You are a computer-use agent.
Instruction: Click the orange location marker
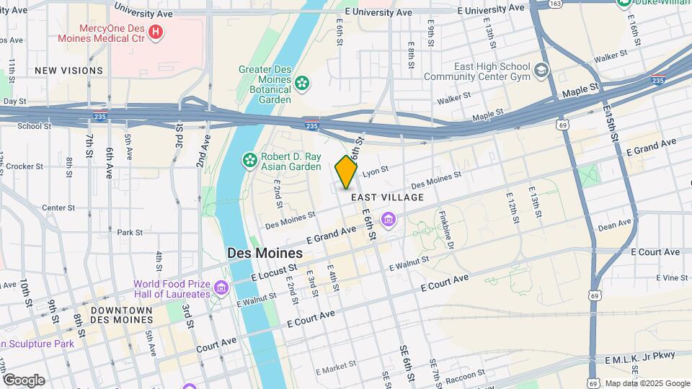[x=346, y=171]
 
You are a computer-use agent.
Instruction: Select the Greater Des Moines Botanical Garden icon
[x=303, y=84]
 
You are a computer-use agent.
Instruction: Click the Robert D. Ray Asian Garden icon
[x=249, y=160]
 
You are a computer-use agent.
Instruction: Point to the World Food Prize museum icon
[x=222, y=289]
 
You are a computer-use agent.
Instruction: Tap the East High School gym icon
[x=541, y=71]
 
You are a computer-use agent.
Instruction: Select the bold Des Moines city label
[x=265, y=254]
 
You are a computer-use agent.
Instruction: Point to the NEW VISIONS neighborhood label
[x=68, y=71]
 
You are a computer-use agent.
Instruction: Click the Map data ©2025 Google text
[x=647, y=383]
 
